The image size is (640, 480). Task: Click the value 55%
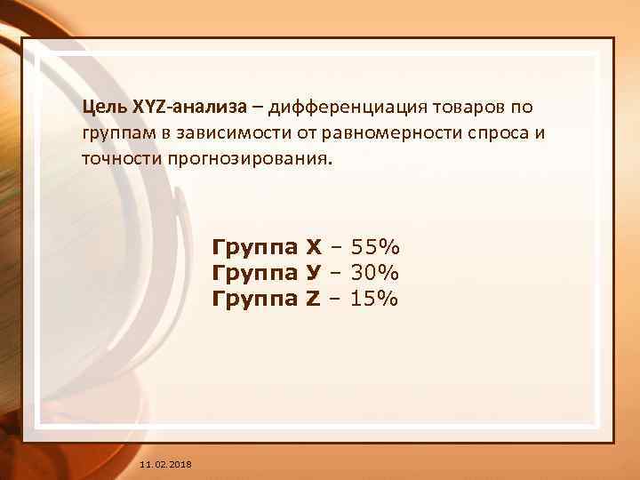pos(375,245)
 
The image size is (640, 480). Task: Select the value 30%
pos(375,271)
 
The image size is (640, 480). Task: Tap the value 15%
pos(375,298)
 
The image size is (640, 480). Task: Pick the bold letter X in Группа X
pos(314,245)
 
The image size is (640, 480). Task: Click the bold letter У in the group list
pos(314,271)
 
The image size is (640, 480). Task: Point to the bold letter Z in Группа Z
pos(313,298)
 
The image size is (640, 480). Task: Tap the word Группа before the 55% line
pos(255,246)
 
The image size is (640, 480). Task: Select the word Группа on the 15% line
pos(255,299)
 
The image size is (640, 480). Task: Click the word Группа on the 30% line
pos(255,272)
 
